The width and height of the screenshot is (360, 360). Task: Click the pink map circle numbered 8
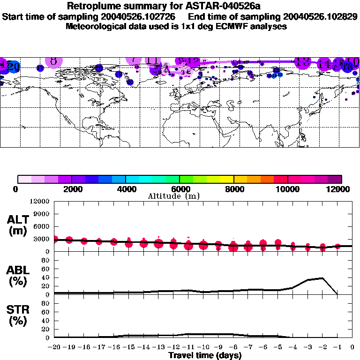point(54,61)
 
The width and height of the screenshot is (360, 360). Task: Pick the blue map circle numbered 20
point(14,67)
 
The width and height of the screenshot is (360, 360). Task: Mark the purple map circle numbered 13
point(303,61)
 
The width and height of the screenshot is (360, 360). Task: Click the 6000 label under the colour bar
point(180,189)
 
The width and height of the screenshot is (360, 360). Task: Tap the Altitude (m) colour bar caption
point(173,196)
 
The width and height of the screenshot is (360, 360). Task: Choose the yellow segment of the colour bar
point(227,179)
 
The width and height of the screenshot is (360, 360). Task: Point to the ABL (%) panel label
point(19,276)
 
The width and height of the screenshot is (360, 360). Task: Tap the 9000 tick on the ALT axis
point(42,214)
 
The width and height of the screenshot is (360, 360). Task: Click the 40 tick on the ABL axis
point(46,278)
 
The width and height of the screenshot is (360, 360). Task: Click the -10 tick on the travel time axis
point(203,347)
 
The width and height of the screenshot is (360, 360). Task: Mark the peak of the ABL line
point(322,278)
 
